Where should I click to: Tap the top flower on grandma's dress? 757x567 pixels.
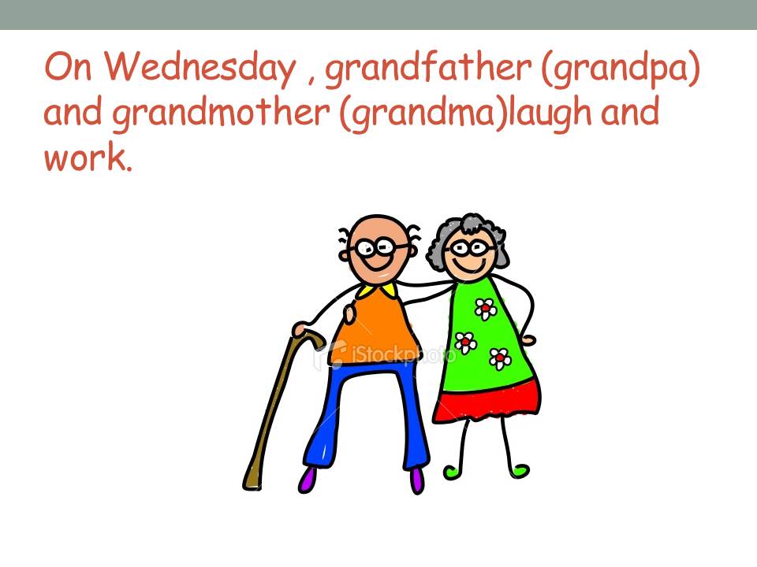(485, 309)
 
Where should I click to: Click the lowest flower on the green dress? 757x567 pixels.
(500, 358)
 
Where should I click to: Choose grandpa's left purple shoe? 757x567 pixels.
(308, 479)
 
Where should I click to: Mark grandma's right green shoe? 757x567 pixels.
(520, 470)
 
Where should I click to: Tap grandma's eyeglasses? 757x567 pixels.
(470, 249)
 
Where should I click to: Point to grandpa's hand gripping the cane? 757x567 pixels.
(304, 329)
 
